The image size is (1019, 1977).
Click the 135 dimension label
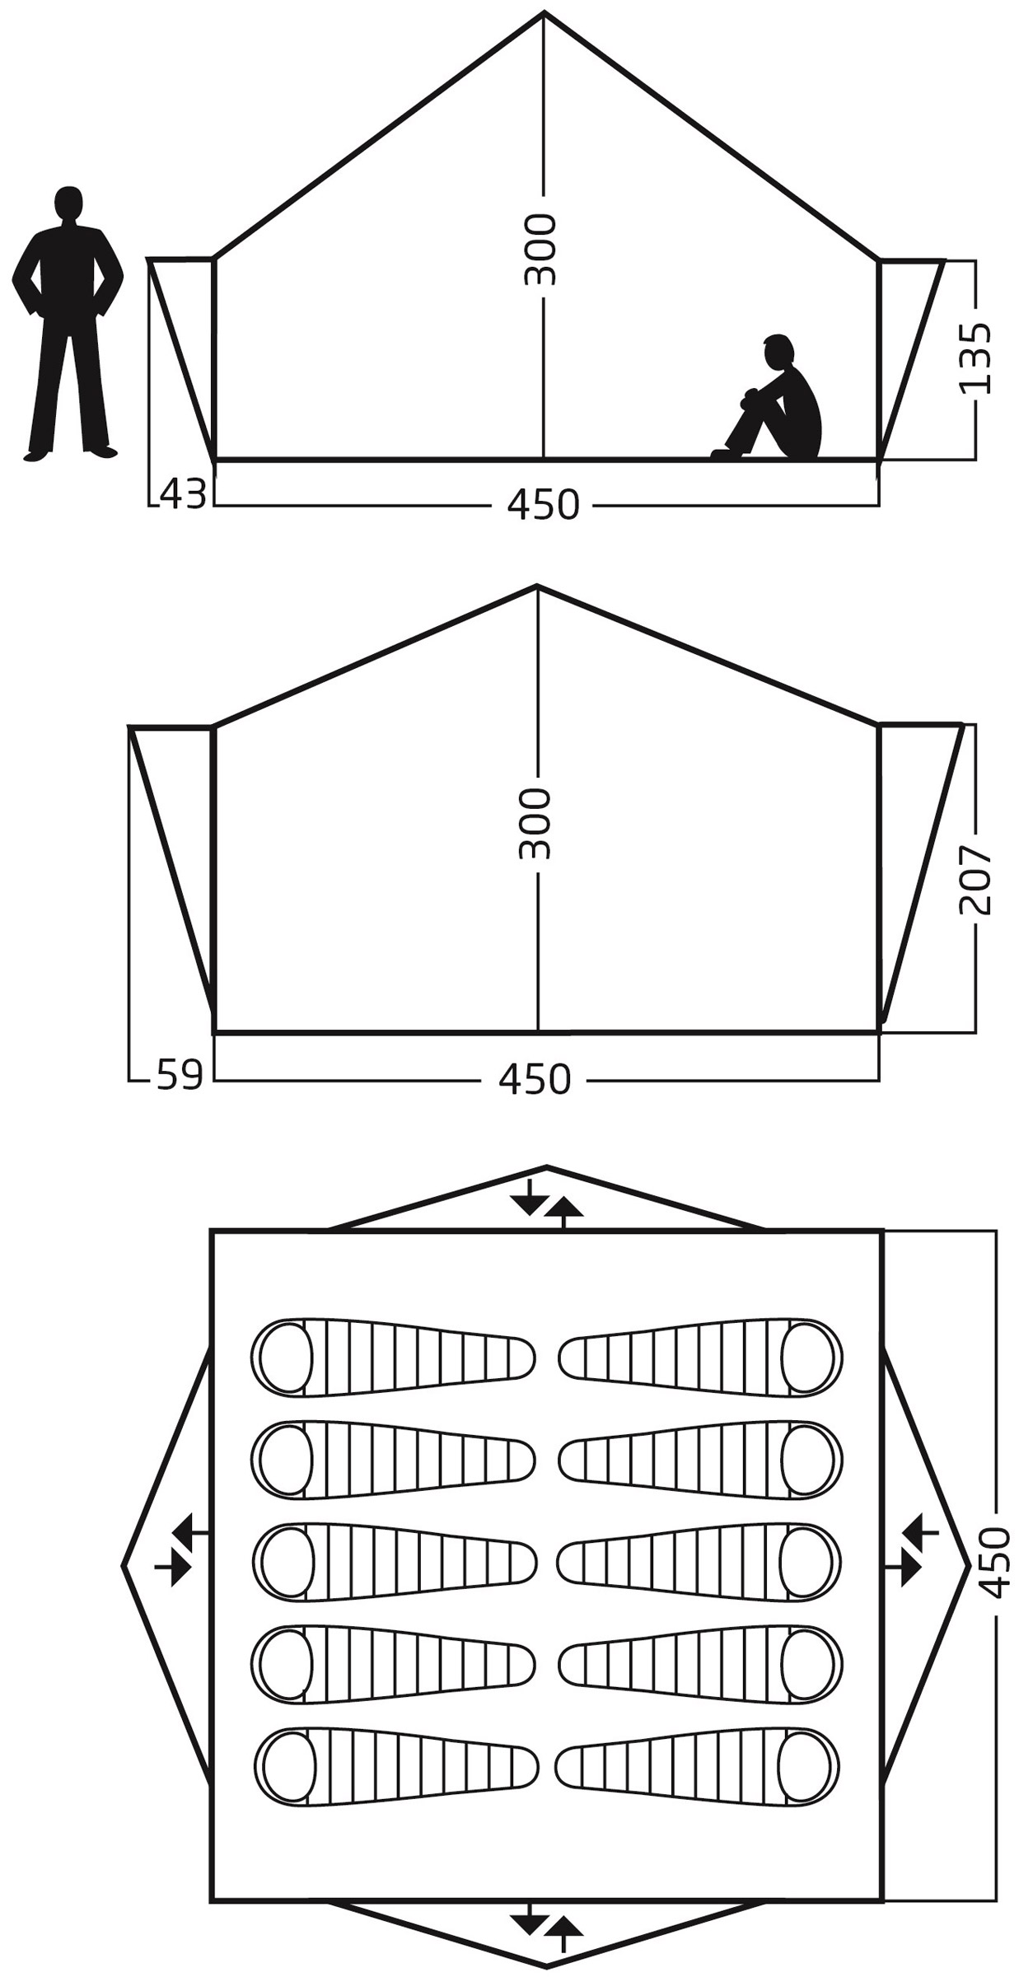(976, 358)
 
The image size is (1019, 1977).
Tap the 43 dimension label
(183, 494)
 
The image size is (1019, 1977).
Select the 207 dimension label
(976, 879)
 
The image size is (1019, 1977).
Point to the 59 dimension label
(180, 1075)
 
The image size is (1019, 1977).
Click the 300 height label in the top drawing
(541, 250)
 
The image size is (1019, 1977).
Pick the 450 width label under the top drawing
(543, 504)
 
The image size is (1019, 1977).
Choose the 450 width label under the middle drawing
(535, 1079)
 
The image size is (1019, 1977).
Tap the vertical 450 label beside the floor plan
(998, 1562)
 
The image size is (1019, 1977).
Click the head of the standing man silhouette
(68, 203)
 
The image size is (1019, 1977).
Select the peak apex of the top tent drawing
(544, 13)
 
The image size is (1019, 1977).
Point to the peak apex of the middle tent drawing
(537, 587)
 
